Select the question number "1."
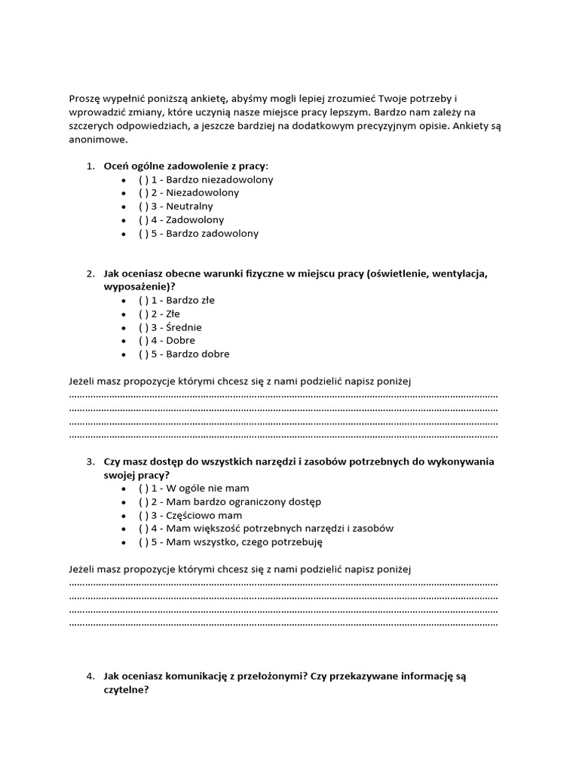(x=90, y=166)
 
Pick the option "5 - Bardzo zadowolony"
(x=198, y=233)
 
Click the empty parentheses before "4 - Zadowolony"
(x=143, y=219)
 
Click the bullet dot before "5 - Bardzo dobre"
(x=124, y=354)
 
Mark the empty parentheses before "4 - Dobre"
(x=143, y=340)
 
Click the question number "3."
(x=90, y=461)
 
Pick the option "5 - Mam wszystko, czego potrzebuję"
(x=234, y=541)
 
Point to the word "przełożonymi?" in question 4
(x=266, y=677)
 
